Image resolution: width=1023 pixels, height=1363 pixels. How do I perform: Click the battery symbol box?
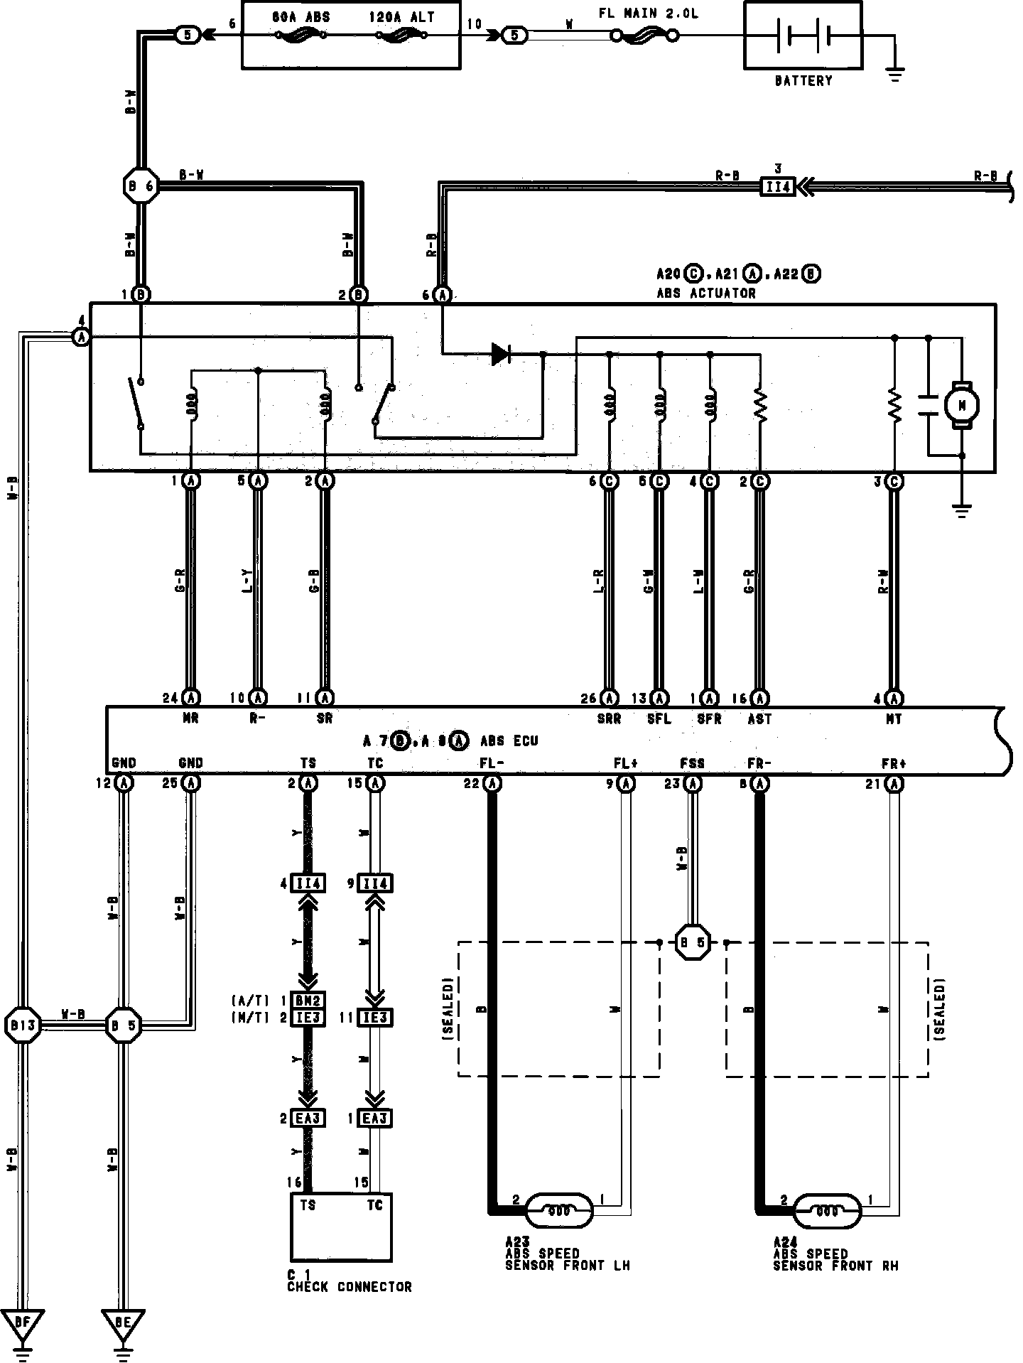point(803,36)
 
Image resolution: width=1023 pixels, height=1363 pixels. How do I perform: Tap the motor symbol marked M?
point(961,405)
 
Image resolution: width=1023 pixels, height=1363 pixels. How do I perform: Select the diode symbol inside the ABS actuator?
point(502,353)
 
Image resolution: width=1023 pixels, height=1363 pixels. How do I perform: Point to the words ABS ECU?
point(509,741)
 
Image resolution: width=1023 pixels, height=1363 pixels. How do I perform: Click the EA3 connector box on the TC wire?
point(375,1119)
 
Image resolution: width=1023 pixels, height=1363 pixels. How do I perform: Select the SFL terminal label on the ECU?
point(659,719)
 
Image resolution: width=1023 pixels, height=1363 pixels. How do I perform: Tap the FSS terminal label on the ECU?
point(692,763)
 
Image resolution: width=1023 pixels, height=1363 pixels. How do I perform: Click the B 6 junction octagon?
point(141,187)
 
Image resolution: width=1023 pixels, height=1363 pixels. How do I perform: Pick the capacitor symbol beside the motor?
point(928,405)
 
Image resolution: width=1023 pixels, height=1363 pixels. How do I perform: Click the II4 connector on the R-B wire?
point(778,187)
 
